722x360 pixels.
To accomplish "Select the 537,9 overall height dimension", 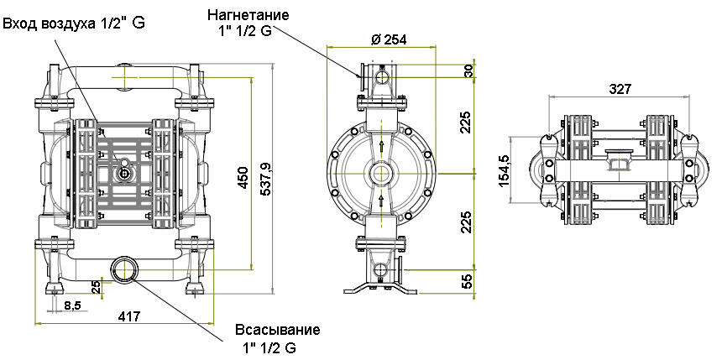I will [266, 178].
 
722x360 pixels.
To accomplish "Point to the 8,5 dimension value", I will [72, 305].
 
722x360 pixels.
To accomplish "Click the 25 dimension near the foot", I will [96, 288].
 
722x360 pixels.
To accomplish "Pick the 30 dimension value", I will [468, 72].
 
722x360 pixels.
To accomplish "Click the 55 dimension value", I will [467, 279].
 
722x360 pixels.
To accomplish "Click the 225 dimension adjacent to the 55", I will [467, 221].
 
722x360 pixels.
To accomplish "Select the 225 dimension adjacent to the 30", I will [467, 123].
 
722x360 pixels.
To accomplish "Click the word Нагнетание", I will [249, 15].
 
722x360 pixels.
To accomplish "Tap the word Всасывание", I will [278, 329].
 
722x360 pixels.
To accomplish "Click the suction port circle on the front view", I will [127, 269].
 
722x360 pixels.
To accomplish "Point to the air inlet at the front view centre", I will [123, 173].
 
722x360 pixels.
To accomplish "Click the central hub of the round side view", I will [382, 174].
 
